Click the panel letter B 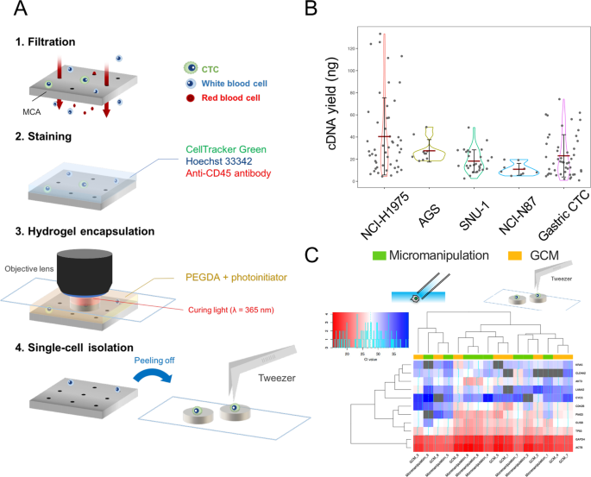click(311, 11)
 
